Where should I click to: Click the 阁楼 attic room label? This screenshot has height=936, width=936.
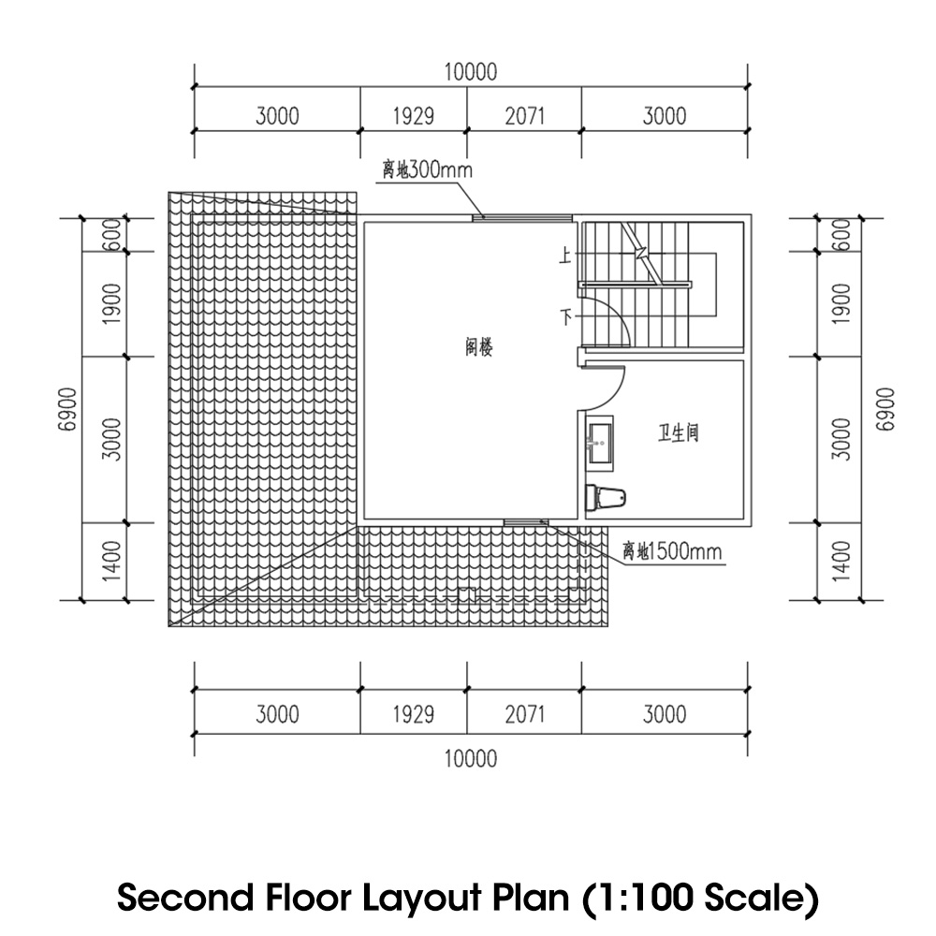(x=478, y=347)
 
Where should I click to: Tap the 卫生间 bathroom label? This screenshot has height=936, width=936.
(x=678, y=432)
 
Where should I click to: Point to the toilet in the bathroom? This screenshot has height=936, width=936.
(x=606, y=497)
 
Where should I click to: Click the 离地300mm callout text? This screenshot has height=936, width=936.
(x=428, y=170)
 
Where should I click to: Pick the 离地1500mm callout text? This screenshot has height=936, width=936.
(x=672, y=550)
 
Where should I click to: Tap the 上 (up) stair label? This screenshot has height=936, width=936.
(x=564, y=256)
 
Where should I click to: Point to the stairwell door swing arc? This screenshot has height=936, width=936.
(x=618, y=311)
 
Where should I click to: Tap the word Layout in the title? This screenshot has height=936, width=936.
(x=422, y=898)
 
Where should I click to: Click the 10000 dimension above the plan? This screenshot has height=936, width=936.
(x=471, y=72)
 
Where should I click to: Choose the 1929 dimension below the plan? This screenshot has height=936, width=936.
(x=413, y=714)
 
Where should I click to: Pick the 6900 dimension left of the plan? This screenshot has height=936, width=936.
(x=69, y=409)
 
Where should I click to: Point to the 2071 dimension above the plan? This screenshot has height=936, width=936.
(x=525, y=116)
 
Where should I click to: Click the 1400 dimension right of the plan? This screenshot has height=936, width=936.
(x=841, y=562)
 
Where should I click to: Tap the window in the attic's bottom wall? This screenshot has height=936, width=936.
(x=526, y=522)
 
